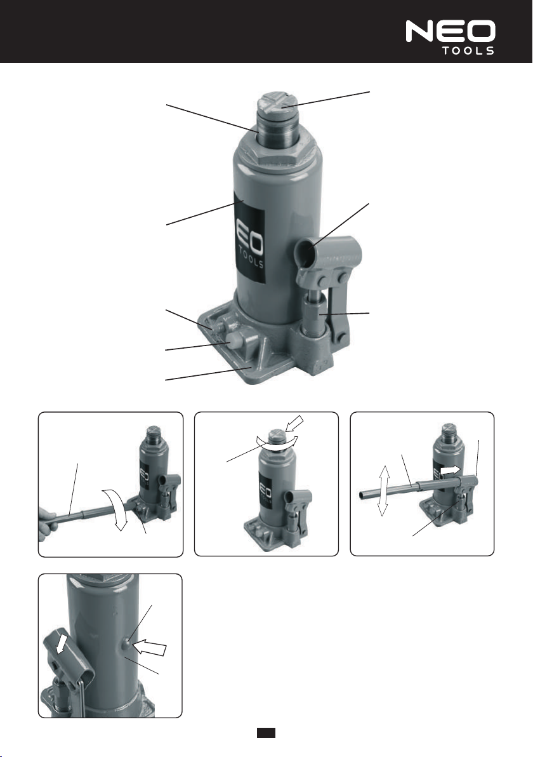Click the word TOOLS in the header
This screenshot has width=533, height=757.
(x=468, y=51)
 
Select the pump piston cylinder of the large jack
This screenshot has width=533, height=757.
(x=314, y=319)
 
